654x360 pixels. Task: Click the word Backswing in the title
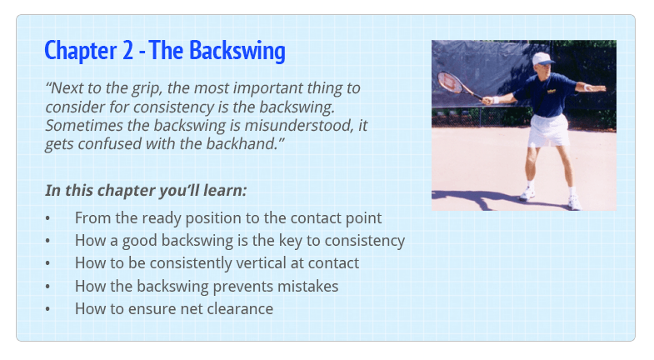237,52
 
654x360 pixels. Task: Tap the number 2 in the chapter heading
127,51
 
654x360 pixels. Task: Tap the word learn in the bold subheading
224,190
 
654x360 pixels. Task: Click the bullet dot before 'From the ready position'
48,218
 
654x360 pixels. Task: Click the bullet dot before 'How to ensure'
48,309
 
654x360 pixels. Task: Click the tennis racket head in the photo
450,82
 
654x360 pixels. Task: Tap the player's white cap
542,59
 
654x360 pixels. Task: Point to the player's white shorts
548,130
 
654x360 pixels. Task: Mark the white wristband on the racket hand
496,100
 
